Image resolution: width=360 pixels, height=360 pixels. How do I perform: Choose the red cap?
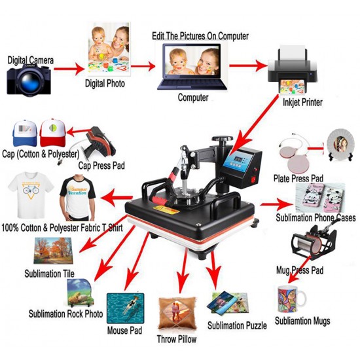click(54, 134)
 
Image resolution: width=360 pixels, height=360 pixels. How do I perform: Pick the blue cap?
click(24, 135)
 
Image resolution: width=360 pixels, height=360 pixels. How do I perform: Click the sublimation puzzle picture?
click(228, 304)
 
